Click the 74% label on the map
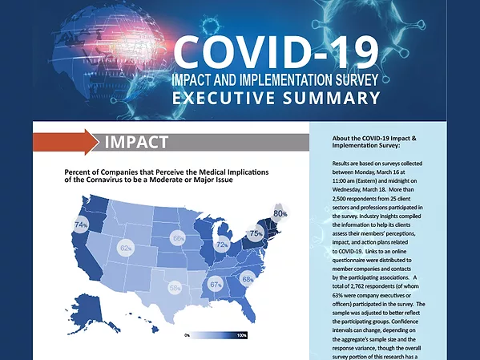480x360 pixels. click(x=81, y=225)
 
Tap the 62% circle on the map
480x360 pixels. click(x=126, y=249)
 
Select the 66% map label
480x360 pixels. click(x=179, y=238)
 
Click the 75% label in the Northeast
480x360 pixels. click(x=256, y=233)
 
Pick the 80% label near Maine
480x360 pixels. click(x=280, y=214)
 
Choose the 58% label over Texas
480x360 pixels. click(x=175, y=287)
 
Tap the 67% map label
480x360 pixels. click(x=216, y=284)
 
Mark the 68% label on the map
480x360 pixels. click(x=248, y=279)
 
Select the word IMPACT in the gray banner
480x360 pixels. click(x=136, y=143)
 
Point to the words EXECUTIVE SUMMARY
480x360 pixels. click(x=275, y=99)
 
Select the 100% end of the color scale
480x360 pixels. click(x=241, y=335)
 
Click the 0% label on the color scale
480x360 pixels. click(x=187, y=335)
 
